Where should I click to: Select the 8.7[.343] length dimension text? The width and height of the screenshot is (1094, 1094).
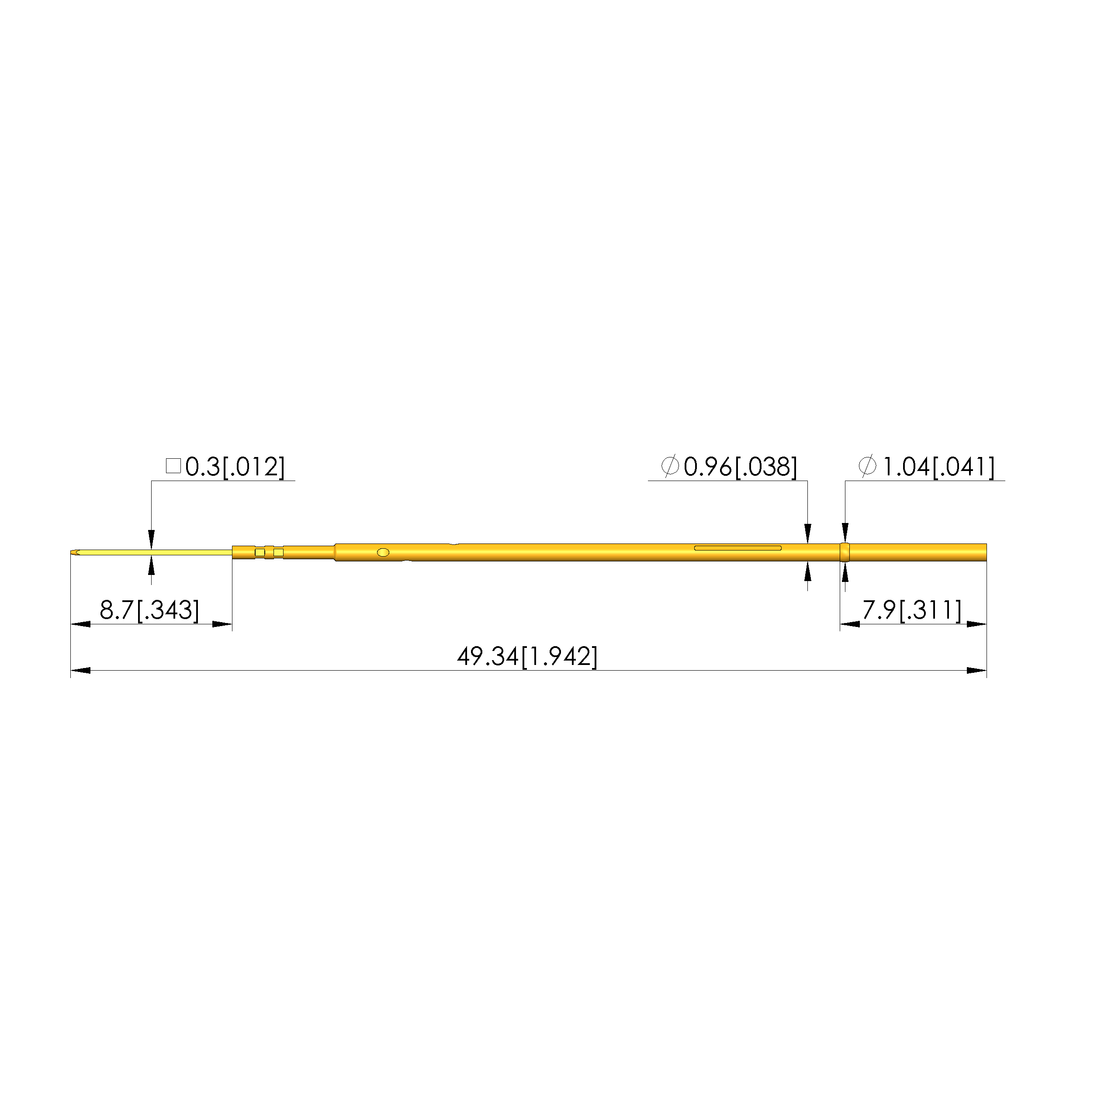coord(149,610)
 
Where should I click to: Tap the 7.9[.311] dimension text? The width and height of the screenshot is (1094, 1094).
coord(912,610)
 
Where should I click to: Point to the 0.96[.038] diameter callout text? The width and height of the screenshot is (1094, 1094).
coord(740,467)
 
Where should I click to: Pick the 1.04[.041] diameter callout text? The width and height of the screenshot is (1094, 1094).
coord(939,467)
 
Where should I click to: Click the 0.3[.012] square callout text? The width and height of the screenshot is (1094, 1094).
coord(235,467)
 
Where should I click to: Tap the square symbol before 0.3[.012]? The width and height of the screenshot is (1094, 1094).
coord(173,466)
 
